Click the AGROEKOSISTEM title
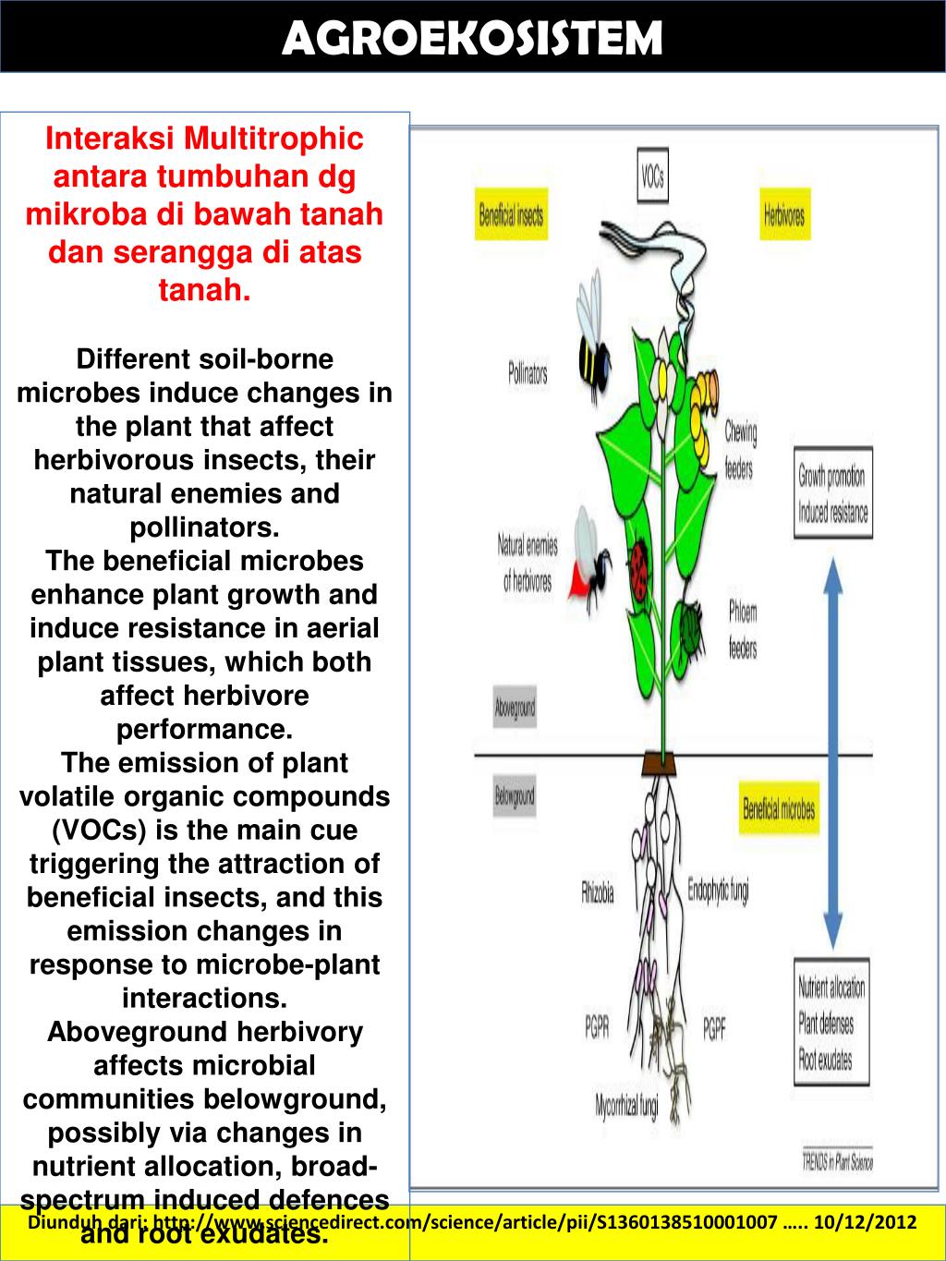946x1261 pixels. point(472,39)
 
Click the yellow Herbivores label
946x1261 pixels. point(784,216)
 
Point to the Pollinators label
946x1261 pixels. point(528,374)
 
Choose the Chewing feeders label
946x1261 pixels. point(739,449)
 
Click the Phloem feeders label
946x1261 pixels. point(743,629)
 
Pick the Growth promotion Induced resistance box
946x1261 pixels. point(832,495)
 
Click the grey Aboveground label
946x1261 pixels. point(515,709)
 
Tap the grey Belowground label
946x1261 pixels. point(515,796)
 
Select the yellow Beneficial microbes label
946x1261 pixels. point(779,809)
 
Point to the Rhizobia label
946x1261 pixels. point(598,893)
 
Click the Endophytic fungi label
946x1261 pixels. point(718,890)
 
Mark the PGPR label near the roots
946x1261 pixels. point(597,1027)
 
